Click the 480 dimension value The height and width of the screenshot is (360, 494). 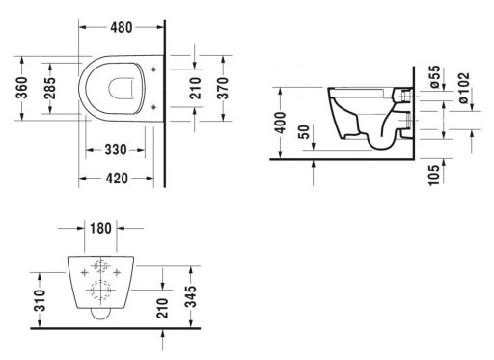[122, 28]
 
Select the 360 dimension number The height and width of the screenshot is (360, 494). [22, 88]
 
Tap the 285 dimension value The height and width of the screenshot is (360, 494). [50, 88]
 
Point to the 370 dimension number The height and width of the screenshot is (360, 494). [223, 88]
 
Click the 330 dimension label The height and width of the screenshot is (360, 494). [116, 150]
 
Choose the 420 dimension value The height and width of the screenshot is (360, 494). [117, 179]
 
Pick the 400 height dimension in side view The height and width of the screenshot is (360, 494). [281, 123]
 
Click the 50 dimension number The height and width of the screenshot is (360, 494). [304, 131]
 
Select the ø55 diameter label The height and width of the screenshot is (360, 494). [435, 76]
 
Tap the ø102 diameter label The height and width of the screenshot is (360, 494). [464, 88]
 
